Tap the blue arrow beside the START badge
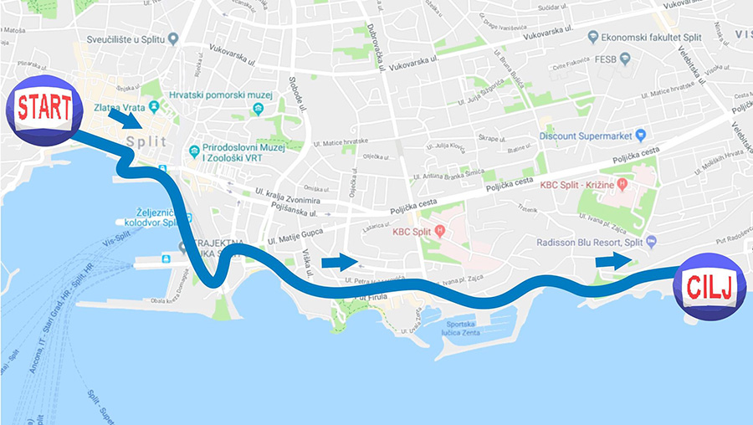[x=125, y=120]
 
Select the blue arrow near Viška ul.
[x=337, y=263]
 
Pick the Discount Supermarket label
[x=585, y=135]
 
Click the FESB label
[x=605, y=59]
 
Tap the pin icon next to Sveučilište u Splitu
[x=173, y=38]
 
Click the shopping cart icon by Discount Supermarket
[x=641, y=135]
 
